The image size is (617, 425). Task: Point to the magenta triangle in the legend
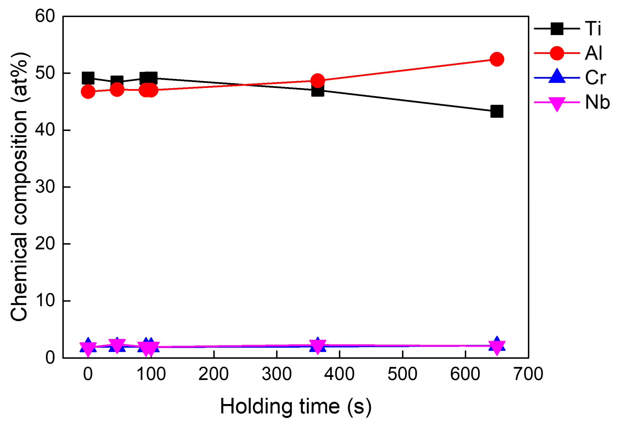[x=557, y=103]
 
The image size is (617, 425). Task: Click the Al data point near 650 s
[x=497, y=59]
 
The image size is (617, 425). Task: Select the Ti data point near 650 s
[x=497, y=111]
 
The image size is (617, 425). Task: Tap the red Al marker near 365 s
[x=318, y=80]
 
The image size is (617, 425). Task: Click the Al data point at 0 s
[x=88, y=92]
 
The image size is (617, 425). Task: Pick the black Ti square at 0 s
[x=88, y=78]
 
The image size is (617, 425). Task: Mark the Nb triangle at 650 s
[x=497, y=347]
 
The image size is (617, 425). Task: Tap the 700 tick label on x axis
[x=528, y=374]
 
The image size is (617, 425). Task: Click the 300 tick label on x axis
[x=277, y=374]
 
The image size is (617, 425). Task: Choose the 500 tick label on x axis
[x=402, y=374]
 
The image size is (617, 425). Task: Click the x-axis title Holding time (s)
[x=295, y=407]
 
